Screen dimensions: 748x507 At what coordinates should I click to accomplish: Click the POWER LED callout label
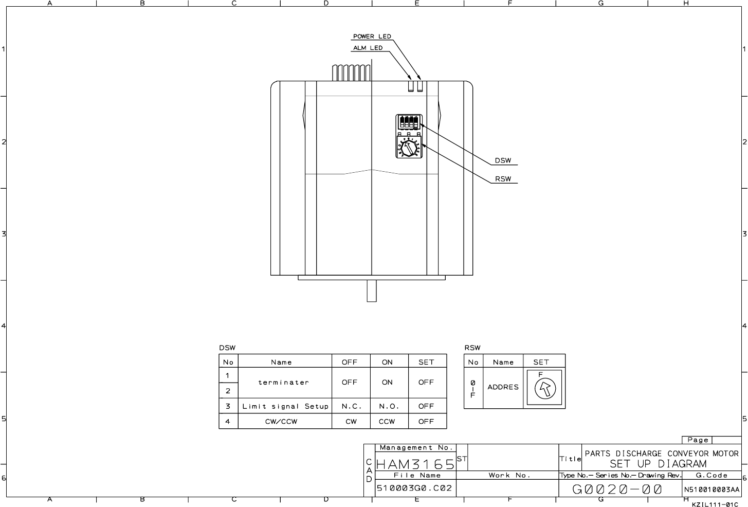372,37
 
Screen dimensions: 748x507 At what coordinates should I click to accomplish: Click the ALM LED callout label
368,48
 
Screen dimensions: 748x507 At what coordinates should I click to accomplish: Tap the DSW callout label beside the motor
503,160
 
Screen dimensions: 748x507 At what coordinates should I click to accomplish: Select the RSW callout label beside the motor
503,179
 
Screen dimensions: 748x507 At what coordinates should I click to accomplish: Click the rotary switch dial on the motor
408,147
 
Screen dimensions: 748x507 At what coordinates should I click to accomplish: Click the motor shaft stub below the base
372,291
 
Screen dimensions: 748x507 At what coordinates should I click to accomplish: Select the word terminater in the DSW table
283,383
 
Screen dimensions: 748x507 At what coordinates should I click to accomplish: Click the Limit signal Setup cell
285,406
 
